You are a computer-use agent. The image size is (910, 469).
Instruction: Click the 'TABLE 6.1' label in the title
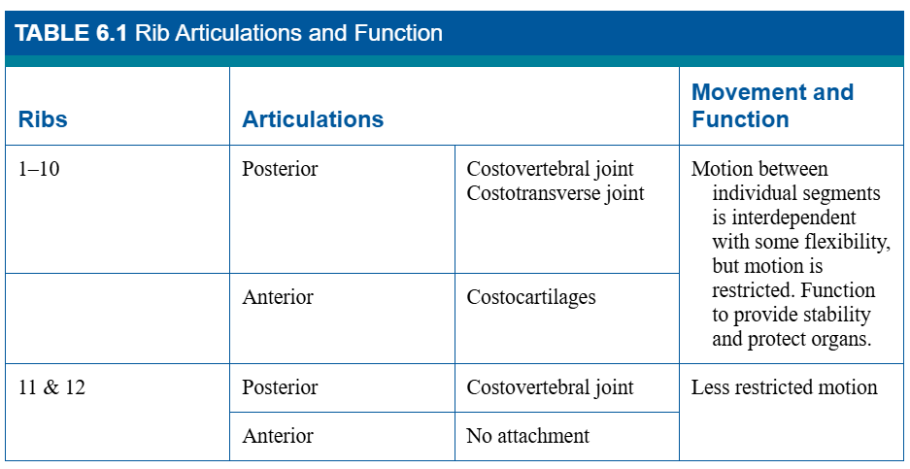[x=71, y=33]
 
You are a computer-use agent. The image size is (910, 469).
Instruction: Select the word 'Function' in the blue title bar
[x=398, y=33]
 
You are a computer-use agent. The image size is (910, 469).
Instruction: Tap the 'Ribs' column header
[x=43, y=119]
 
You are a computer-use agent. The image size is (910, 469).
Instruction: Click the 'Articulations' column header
[x=313, y=119]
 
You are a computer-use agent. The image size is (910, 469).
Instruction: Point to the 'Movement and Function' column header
[x=772, y=105]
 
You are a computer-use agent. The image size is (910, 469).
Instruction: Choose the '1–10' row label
[x=39, y=169]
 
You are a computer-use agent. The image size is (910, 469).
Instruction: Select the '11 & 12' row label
[x=51, y=387]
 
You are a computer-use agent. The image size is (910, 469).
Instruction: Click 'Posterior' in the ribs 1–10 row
[x=280, y=169]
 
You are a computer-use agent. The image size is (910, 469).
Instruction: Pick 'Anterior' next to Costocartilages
[x=278, y=296]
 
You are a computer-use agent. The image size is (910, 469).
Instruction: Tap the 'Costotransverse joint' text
[x=556, y=193]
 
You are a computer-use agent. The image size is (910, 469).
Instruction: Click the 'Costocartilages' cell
[x=531, y=297]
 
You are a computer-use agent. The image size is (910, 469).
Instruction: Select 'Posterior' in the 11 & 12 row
[x=280, y=387]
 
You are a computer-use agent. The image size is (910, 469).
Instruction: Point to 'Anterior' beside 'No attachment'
[x=278, y=436]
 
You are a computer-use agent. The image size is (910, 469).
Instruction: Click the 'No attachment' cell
[x=527, y=436]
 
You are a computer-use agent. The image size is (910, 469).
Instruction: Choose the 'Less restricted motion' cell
[x=784, y=387]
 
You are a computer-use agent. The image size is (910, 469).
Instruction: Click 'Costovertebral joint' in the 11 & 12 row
[x=551, y=387]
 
